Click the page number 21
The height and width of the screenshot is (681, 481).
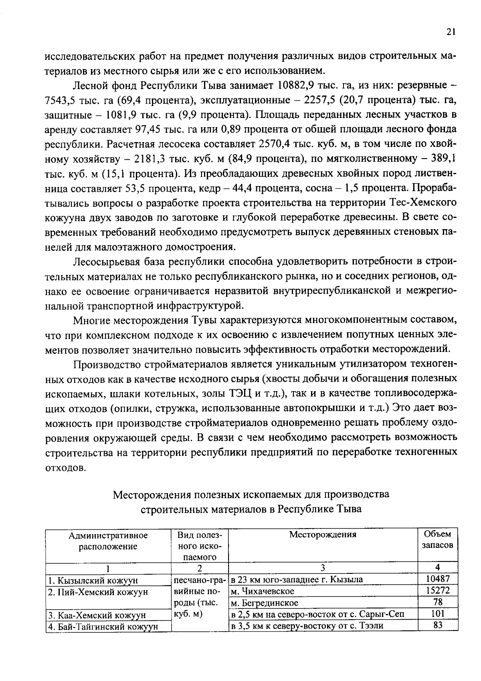tap(450, 32)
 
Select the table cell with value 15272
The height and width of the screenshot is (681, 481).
tap(438, 590)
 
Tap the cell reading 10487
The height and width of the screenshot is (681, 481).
tap(438, 579)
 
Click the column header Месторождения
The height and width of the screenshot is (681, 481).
tap(323, 535)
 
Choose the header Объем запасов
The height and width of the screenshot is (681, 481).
tap(437, 540)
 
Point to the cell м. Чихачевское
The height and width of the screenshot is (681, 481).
tap(263, 591)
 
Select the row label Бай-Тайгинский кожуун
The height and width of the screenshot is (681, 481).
tap(103, 626)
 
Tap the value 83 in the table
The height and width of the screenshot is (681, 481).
tap(438, 625)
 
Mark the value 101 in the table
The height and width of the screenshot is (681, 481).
tap(438, 614)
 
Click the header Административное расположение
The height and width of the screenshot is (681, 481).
tap(108, 541)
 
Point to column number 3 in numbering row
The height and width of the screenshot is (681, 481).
tap(323, 568)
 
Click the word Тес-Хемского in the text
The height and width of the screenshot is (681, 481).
tap(426, 203)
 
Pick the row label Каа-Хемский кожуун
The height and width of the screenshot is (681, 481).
tap(97, 615)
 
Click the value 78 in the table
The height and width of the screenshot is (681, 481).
tap(438, 602)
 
